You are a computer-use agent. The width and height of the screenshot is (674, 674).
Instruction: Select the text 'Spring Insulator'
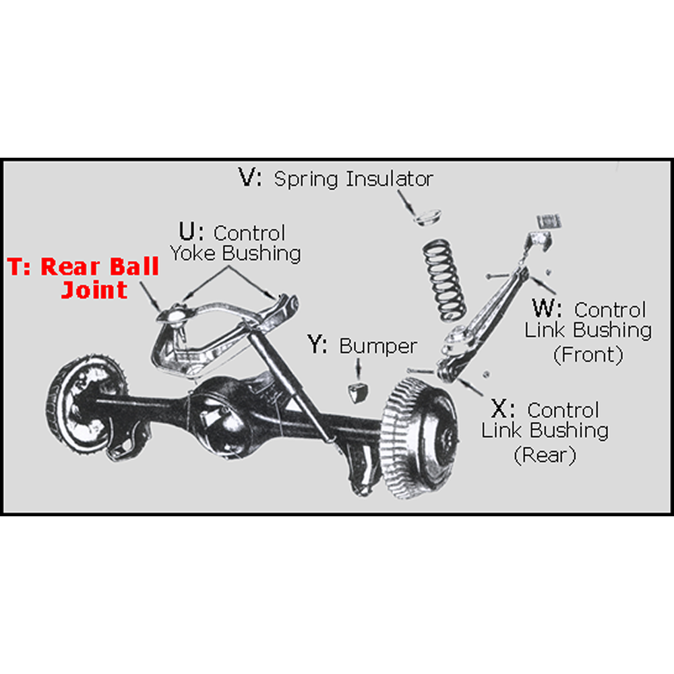coord(353,179)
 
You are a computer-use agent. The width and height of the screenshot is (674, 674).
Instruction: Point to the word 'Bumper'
coord(378,346)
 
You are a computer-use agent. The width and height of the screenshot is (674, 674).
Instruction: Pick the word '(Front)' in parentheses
coord(588,355)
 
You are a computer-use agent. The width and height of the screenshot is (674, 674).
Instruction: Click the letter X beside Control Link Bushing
coord(502,409)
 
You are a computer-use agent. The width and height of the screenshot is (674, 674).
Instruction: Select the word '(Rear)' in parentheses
coord(545,455)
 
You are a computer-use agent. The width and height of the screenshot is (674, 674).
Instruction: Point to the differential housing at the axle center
coord(222,404)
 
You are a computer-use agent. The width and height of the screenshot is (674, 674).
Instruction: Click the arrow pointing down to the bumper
coord(358,367)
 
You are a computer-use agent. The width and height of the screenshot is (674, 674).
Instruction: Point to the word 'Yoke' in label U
coord(193,253)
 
